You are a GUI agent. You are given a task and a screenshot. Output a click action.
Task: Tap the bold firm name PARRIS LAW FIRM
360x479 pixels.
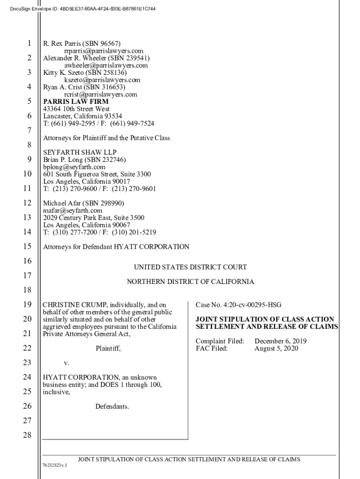pyautogui.click(x=76, y=102)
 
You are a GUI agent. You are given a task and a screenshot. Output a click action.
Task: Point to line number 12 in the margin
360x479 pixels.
pyautogui.click(x=27, y=203)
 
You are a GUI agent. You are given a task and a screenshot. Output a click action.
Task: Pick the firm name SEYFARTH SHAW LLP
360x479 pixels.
pyautogui.click(x=80, y=152)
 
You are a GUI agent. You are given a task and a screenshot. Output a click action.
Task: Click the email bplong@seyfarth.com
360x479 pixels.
pyautogui.click(x=74, y=167)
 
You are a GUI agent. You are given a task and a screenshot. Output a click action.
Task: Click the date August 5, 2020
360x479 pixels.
pyautogui.click(x=276, y=348)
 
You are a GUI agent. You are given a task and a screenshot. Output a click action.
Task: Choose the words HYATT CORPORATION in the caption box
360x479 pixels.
pyautogui.click(x=77, y=377)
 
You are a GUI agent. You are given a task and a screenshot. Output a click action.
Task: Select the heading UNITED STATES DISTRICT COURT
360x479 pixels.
pyautogui.click(x=190, y=268)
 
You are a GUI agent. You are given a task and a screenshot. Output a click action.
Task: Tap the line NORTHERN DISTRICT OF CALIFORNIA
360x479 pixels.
pyautogui.click(x=190, y=282)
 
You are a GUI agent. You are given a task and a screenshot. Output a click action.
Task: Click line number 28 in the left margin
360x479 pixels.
pyautogui.click(x=27, y=435)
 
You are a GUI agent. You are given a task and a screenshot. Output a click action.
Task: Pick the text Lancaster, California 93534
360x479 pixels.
pyautogui.click(x=83, y=116)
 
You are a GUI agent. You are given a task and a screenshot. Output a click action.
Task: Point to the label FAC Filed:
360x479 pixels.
pyautogui.click(x=212, y=348)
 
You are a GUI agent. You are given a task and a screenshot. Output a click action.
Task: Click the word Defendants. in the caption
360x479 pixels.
pyautogui.click(x=112, y=406)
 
